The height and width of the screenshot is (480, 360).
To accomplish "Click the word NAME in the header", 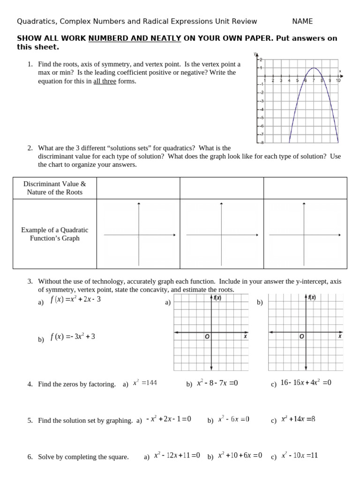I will (302, 21).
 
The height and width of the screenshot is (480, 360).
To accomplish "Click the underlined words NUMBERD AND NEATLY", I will (135, 38).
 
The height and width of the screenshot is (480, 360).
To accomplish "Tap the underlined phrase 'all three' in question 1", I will (105, 81).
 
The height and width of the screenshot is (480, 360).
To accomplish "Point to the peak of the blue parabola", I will (314, 68).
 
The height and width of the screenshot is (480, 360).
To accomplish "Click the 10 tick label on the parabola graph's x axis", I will (338, 81).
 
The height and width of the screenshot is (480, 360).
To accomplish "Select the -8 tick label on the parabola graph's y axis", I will (261, 142).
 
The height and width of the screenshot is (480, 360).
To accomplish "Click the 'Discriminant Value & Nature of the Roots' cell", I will (55, 188).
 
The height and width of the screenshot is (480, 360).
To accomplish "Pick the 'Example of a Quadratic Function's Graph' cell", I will (55, 234).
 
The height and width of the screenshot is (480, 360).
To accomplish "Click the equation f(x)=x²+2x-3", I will (75, 300).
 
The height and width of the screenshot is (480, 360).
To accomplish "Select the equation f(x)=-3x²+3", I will (73, 337).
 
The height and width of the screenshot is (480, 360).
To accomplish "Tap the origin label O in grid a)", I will (206, 337).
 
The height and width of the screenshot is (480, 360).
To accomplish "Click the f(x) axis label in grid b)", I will (312, 297).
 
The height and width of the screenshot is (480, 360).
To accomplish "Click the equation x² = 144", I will (145, 383).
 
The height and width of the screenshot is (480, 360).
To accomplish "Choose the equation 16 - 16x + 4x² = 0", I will (306, 383).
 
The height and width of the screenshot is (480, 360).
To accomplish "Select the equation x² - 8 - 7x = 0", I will (217, 383).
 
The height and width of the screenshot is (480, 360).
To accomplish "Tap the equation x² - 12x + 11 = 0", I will (177, 455).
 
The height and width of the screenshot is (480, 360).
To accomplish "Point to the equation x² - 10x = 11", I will (300, 455).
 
